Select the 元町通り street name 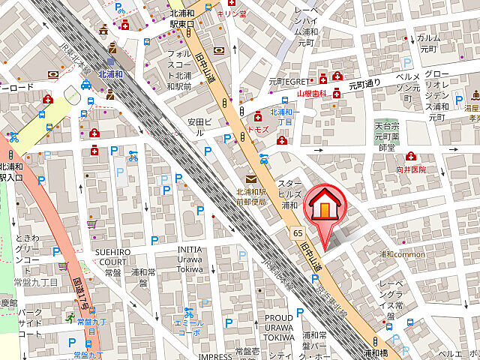[364, 83]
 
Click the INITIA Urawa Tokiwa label [189, 259]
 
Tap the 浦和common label [402, 254]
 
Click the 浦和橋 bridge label [375, 352]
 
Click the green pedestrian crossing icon [69, 318]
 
